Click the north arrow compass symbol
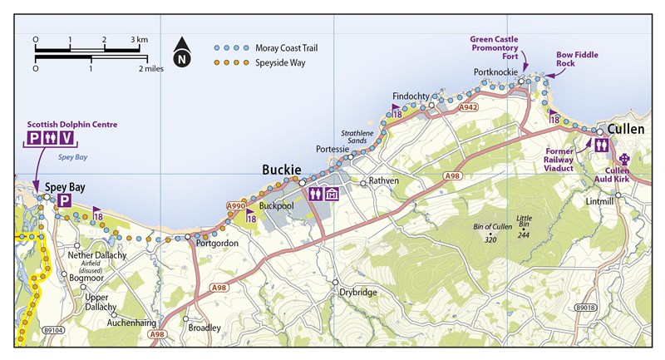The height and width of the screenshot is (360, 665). pos(181,56)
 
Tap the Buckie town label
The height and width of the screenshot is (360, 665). pos(281,170)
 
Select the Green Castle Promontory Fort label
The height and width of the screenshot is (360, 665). pos(494,47)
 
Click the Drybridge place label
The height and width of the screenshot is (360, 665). pos(358,292)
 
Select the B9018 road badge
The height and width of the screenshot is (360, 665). pos(584,308)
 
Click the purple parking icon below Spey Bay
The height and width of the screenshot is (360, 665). pos(63,201)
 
